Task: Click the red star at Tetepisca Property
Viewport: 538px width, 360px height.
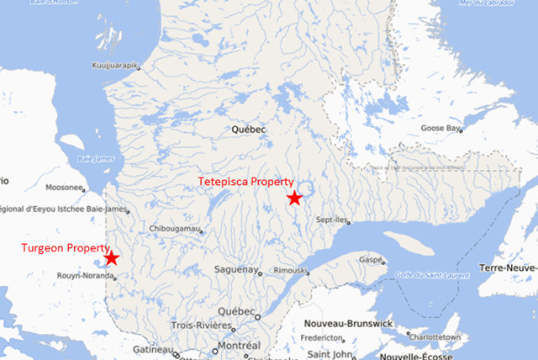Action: (x=293, y=198)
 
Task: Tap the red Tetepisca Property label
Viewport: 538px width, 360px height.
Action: (x=245, y=182)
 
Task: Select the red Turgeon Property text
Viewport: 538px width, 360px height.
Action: (x=66, y=249)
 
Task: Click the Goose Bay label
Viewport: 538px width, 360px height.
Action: (x=441, y=129)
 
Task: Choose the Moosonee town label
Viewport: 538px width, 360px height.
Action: (x=64, y=188)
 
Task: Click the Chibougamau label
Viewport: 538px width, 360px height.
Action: (x=175, y=229)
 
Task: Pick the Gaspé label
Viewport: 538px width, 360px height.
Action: (x=372, y=261)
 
